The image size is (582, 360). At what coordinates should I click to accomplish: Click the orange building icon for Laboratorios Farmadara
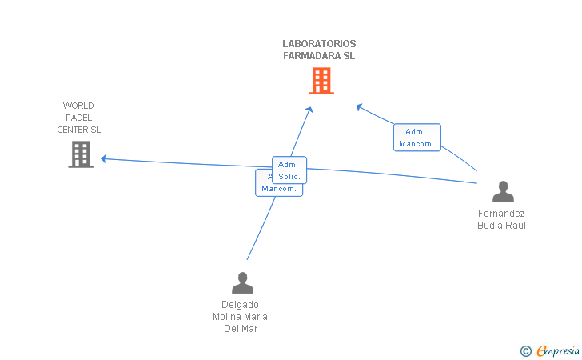[x=321, y=81]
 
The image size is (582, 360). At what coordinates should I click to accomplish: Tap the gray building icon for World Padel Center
[x=81, y=154]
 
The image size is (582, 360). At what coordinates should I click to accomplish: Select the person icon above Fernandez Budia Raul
[x=503, y=192]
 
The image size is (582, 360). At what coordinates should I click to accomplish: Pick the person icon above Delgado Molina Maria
[x=241, y=282]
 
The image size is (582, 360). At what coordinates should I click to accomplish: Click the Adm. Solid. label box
[x=289, y=170]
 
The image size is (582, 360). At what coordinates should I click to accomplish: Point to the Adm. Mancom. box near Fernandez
[x=417, y=138]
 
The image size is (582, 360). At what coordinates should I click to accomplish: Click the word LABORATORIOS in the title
[x=319, y=44]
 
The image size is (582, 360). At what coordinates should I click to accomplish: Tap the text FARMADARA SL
[x=319, y=56]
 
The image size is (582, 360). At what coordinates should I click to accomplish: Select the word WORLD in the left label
[x=78, y=106]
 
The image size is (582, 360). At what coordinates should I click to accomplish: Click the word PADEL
[x=79, y=118]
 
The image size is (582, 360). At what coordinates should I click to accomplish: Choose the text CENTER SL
[x=79, y=130]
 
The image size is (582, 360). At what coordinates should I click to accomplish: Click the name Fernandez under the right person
[x=501, y=214]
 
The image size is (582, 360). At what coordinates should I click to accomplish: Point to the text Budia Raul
[x=501, y=226]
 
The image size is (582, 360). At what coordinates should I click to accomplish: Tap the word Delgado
[x=240, y=304]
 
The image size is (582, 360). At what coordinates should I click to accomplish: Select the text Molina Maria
[x=240, y=316]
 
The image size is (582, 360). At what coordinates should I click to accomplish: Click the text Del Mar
[x=240, y=328]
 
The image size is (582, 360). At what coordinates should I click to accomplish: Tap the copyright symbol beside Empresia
[x=525, y=350]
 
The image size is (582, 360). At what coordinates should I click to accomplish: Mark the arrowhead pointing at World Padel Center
[x=104, y=159]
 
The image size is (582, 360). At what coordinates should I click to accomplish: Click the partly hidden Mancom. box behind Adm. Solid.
[x=278, y=189]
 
